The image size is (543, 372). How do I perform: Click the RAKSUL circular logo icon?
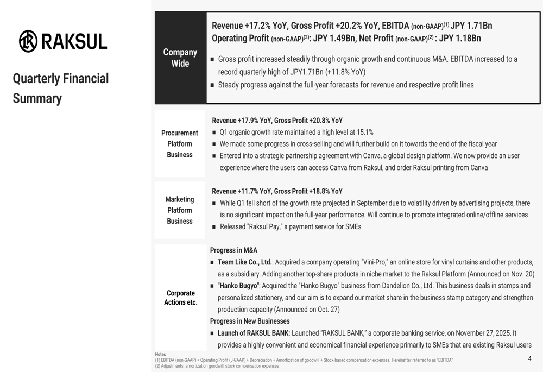(28, 41)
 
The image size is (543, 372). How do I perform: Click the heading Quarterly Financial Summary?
(60, 88)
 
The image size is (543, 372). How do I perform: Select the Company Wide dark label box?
(180, 58)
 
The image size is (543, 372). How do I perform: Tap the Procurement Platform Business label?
(180, 143)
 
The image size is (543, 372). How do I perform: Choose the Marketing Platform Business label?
(180, 210)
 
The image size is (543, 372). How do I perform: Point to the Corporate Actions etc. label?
(180, 298)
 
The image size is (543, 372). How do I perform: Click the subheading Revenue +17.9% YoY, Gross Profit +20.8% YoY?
(277, 121)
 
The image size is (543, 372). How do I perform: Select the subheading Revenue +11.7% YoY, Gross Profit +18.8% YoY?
(277, 191)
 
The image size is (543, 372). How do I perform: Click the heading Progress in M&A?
(233, 250)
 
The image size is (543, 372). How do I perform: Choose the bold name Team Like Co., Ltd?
(244, 262)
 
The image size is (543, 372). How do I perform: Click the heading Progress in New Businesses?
(250, 321)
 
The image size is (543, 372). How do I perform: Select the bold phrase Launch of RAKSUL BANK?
(254, 333)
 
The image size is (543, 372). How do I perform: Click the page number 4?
(529, 358)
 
